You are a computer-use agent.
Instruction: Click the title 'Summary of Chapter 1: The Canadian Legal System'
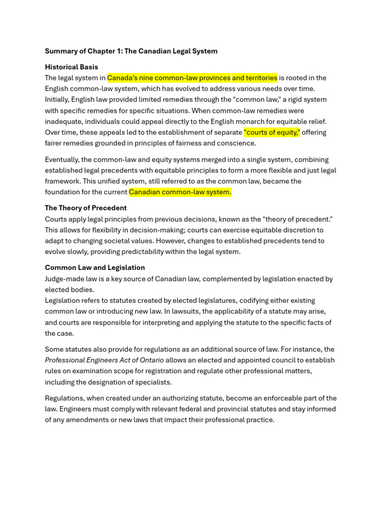click(131, 51)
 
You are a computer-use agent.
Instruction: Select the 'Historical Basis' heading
click(72, 67)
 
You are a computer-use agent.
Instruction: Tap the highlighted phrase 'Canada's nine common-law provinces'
click(169, 78)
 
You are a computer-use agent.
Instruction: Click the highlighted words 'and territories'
click(255, 78)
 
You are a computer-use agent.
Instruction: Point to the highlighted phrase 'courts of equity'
click(272, 133)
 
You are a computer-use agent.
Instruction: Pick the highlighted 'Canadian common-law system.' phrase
click(180, 192)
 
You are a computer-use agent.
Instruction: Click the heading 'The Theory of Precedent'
click(86, 208)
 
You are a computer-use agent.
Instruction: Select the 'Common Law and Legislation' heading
click(95, 268)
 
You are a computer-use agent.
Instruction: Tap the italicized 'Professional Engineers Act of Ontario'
click(104, 360)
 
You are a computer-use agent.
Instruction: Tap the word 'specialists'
click(154, 382)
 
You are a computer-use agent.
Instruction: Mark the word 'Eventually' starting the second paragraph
click(62, 160)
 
